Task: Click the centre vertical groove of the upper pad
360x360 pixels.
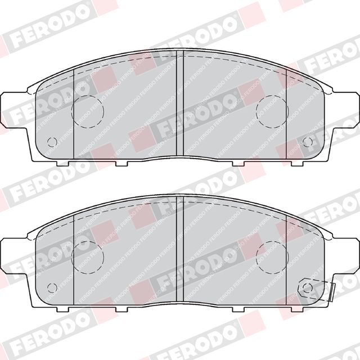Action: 180,103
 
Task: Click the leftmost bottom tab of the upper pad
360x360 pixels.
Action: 62,163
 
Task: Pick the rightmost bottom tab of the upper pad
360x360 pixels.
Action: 297,163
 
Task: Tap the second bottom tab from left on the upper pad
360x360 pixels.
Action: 121,163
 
